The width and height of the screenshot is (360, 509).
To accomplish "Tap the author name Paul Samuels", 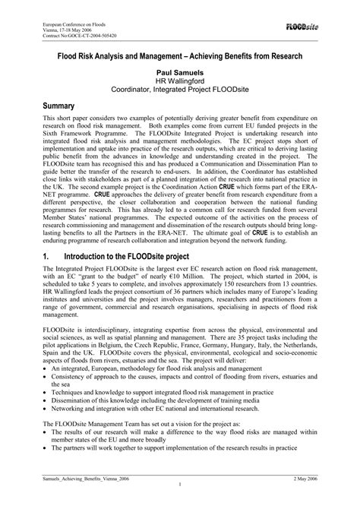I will [x=179, y=71].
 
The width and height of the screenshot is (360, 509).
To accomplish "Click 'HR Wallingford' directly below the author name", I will [x=179, y=81].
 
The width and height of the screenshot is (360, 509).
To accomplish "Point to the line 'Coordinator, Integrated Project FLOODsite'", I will [x=179, y=90].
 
